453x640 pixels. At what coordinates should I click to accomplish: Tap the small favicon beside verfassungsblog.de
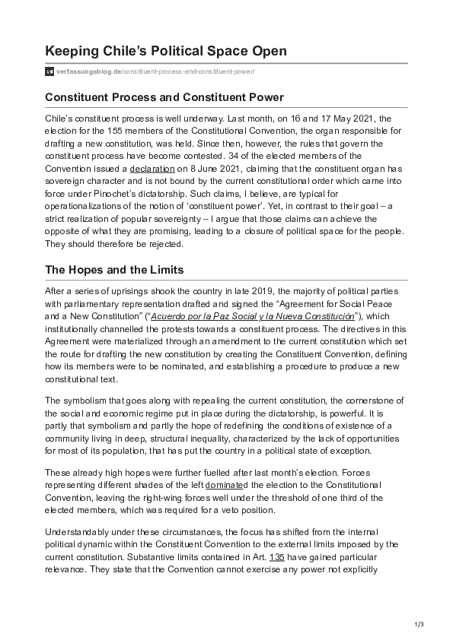(49, 72)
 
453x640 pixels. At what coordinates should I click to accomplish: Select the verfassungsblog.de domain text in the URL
(88, 72)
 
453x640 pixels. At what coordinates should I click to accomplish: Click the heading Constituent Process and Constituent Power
(164, 97)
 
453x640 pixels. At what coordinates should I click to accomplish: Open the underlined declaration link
(148, 168)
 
